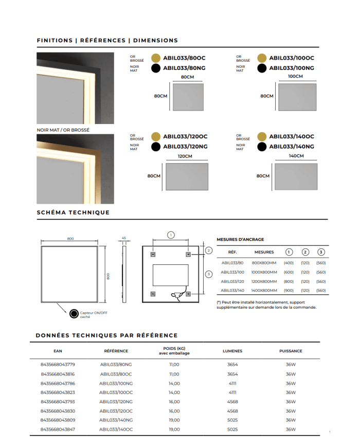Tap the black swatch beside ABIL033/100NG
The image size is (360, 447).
click(262, 68)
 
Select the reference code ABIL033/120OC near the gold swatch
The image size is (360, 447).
click(185, 137)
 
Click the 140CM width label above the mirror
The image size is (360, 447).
click(296, 156)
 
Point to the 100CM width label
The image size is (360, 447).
click(296, 76)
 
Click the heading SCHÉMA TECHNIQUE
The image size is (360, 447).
click(73, 212)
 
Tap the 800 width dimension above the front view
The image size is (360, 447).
click(70, 239)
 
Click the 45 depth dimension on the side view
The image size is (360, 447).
click(124, 238)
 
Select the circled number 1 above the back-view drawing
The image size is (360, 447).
click(171, 235)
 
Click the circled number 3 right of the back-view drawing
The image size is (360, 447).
click(208, 274)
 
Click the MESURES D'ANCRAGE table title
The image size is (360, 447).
click(240, 239)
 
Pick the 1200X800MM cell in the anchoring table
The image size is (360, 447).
click(264, 281)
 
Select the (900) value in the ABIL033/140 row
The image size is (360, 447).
click(289, 291)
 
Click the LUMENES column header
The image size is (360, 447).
click(232, 351)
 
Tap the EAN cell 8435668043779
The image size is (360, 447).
click(58, 365)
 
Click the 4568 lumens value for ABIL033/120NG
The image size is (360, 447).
click(232, 402)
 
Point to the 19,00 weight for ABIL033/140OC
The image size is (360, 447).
click(174, 429)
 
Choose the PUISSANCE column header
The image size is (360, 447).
click(291, 351)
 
